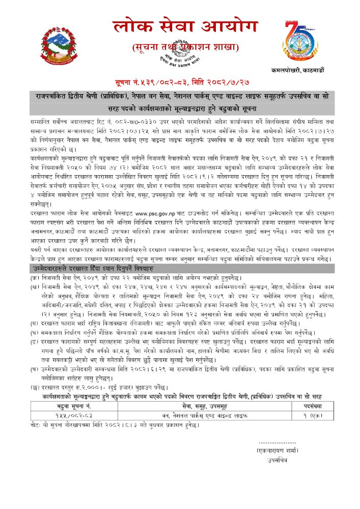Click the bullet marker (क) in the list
pyautogui.click(x=34, y=275)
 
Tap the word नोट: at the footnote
pyautogui.click(x=35, y=437)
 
